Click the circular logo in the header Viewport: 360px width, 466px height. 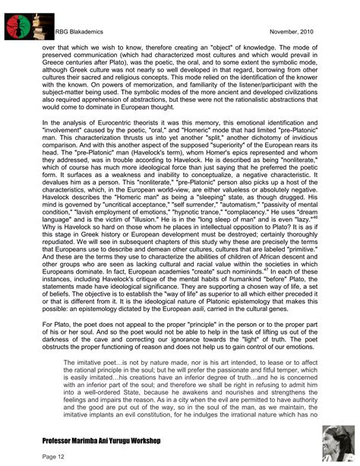click(x=22, y=23)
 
